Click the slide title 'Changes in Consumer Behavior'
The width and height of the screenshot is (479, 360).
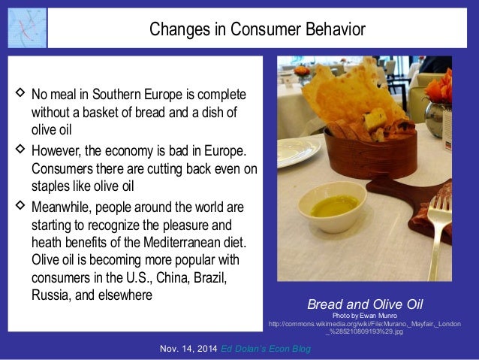257,29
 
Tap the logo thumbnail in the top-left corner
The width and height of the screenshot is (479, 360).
27,28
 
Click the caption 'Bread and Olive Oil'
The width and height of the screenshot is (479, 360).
366,304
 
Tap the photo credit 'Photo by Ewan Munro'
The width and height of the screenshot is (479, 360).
366,315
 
